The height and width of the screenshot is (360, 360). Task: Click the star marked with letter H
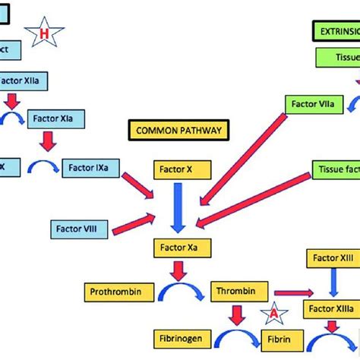pyautogui.click(x=44, y=32)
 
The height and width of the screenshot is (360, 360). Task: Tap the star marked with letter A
pyautogui.click(x=272, y=312)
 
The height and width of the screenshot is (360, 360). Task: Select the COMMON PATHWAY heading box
pyautogui.click(x=178, y=131)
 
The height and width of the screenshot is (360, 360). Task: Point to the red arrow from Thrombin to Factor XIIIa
pyautogui.click(x=292, y=292)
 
